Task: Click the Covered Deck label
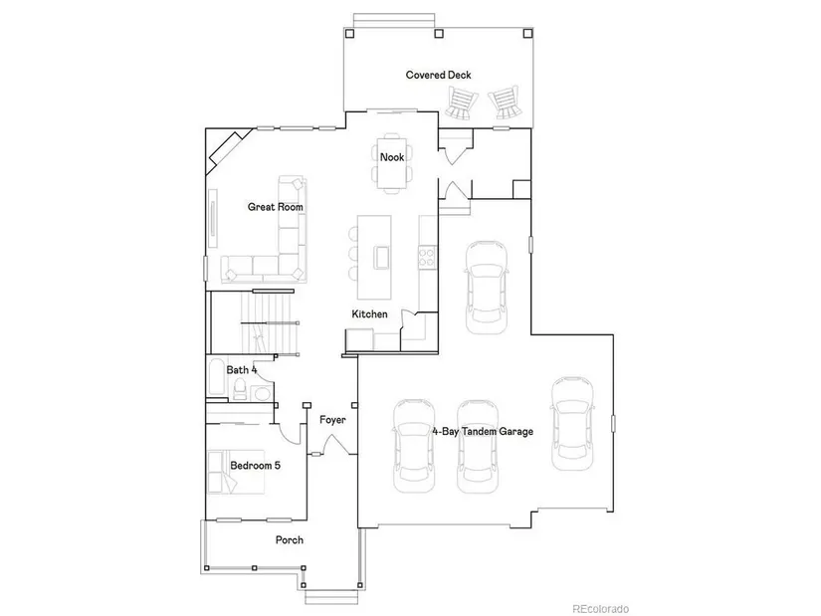point(438,75)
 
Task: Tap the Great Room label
point(276,207)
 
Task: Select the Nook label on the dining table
point(392,157)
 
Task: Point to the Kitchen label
point(369,314)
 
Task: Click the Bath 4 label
point(242,370)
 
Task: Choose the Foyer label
point(332,420)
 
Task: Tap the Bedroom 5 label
point(255,465)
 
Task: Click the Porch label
point(290,540)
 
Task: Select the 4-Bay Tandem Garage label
point(483,432)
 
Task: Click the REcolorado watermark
point(600,609)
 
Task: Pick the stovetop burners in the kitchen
point(427,258)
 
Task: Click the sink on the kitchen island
point(382,257)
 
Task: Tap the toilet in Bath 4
point(240,389)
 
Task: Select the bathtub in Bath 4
point(217,376)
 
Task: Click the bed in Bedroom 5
point(236,472)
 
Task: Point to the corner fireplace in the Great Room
point(226,153)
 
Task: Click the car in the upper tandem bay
point(487,288)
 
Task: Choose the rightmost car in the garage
point(572,424)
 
